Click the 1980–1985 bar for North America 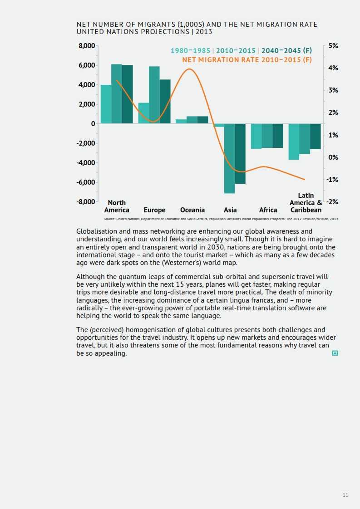click(106, 104)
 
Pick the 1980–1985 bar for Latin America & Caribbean click(294, 142)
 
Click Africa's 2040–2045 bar click(278, 136)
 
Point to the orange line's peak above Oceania click(189, 69)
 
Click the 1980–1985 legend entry click(190, 51)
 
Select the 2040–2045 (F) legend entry click(286, 51)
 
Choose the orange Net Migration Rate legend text click(247, 60)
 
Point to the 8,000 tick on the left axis click(87, 46)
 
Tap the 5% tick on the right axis click(333, 46)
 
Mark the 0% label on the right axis click(334, 157)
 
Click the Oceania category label click(192, 210)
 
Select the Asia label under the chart click(230, 210)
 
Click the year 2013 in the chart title click(204, 32)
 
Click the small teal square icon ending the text click(335, 353)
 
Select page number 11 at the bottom click(345, 495)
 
